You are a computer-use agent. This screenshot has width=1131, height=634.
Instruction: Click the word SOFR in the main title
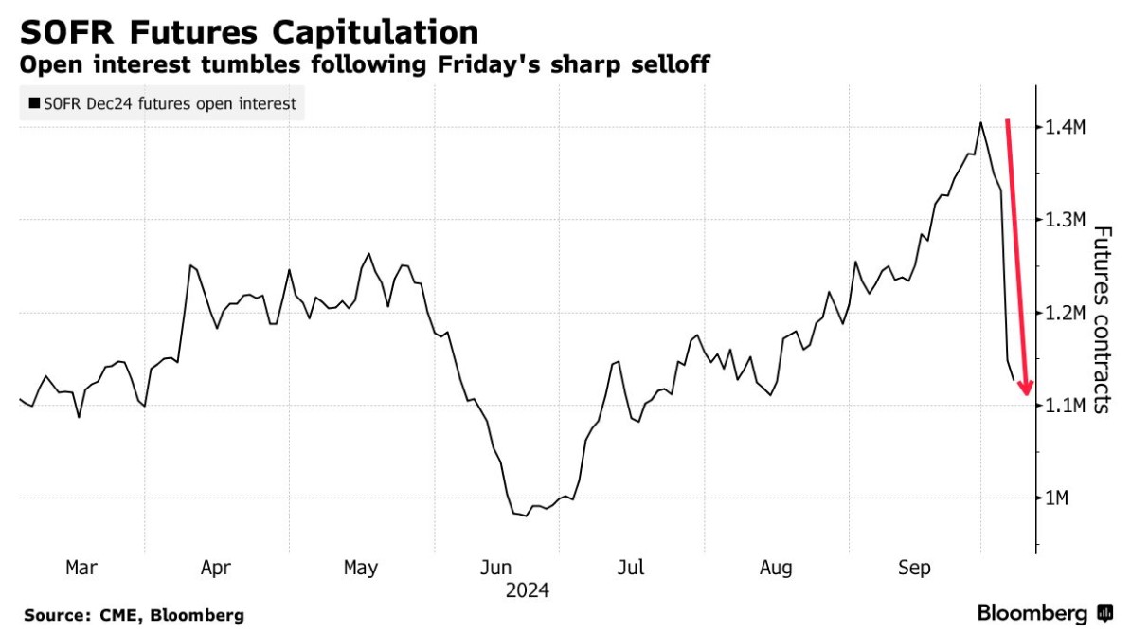click(68, 33)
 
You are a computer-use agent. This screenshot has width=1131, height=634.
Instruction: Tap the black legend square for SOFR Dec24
click(35, 104)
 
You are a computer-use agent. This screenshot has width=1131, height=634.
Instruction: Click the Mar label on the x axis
click(81, 568)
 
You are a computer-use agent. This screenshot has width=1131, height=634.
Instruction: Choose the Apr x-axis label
click(216, 568)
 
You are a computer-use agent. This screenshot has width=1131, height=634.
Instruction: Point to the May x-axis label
click(361, 568)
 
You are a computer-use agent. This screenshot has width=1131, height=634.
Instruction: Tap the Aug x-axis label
click(776, 568)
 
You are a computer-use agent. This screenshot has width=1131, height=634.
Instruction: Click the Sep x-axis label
click(914, 568)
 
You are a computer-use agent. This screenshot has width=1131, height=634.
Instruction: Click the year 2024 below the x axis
click(527, 590)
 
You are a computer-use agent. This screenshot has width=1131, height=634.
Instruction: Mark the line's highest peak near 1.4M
click(980, 122)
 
